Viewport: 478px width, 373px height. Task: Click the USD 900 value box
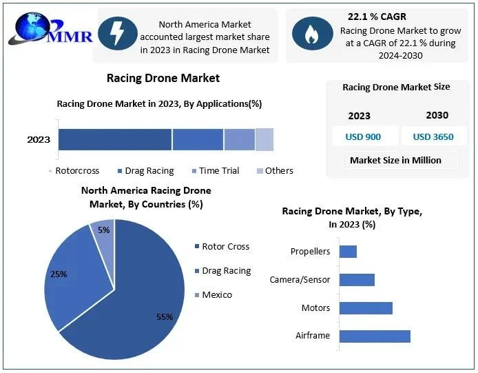[363, 137]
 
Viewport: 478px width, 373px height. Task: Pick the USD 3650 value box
[433, 137]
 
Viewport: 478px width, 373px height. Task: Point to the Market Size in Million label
[395, 160]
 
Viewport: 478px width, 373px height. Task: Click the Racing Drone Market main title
[163, 78]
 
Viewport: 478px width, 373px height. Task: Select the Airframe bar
[375, 336]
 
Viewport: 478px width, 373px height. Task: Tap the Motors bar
[366, 308]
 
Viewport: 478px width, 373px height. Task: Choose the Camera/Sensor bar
[357, 279]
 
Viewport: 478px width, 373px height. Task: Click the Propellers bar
[348, 252]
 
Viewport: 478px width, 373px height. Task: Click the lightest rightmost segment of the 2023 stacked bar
[264, 139]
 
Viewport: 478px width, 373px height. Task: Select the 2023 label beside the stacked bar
[39, 139]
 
